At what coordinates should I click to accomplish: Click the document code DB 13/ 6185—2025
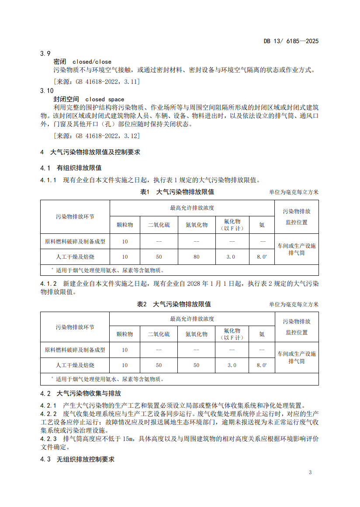click(x=291, y=42)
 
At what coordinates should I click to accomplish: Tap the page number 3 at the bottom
click(x=310, y=472)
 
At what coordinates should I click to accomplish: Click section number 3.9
click(x=45, y=53)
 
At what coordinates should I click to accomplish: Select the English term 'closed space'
click(x=104, y=99)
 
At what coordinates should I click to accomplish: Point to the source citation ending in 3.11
click(x=96, y=81)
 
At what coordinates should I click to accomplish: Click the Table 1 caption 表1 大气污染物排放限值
click(x=177, y=192)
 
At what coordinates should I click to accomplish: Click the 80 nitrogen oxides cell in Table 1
click(x=196, y=257)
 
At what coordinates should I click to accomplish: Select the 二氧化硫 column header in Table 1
click(x=159, y=225)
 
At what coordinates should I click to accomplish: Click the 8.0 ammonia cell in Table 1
click(x=261, y=257)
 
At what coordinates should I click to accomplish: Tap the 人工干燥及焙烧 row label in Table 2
click(x=75, y=365)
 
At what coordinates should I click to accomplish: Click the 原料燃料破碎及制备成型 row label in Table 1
click(x=75, y=241)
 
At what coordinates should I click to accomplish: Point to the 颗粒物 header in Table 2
click(x=125, y=334)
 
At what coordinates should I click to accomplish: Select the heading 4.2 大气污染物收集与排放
click(x=80, y=393)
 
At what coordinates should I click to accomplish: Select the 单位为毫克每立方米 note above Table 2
click(x=294, y=305)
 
